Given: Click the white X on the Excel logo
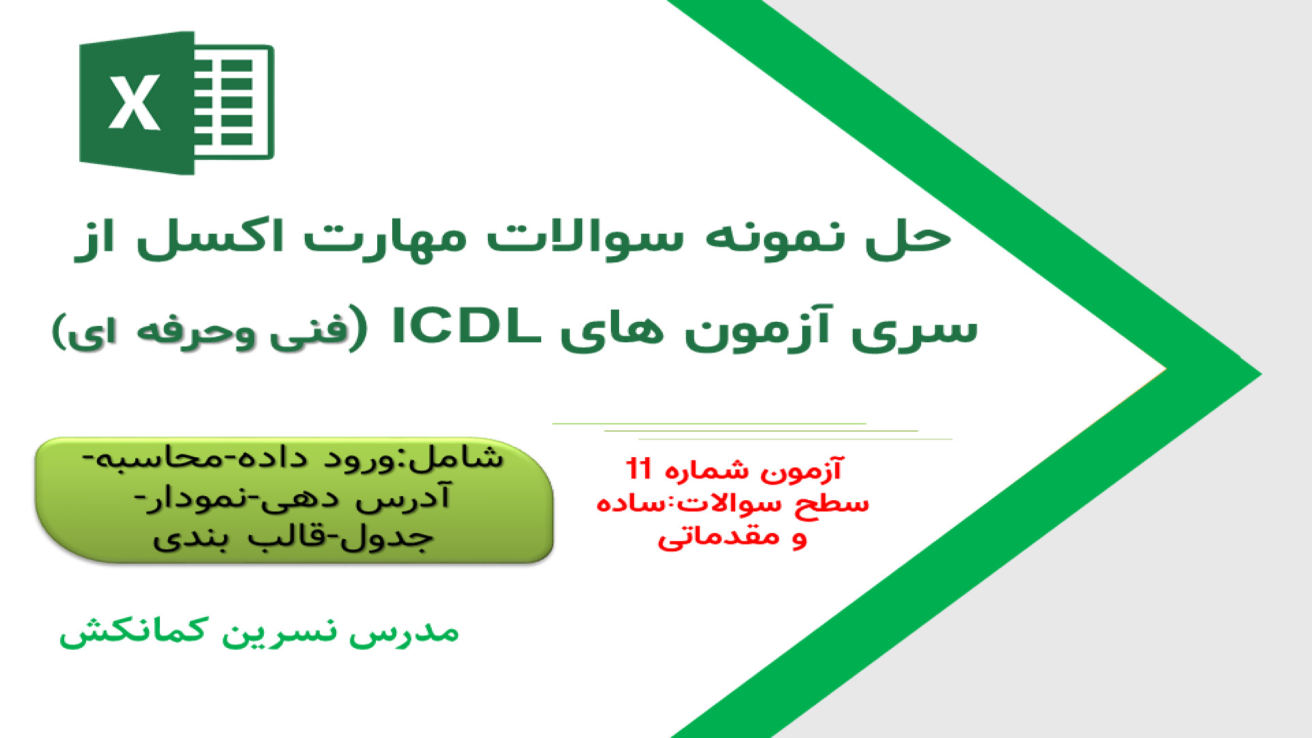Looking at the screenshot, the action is [x=135, y=102].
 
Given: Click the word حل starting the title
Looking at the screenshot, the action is [x=909, y=239].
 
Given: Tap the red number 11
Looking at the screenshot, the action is [x=639, y=469].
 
